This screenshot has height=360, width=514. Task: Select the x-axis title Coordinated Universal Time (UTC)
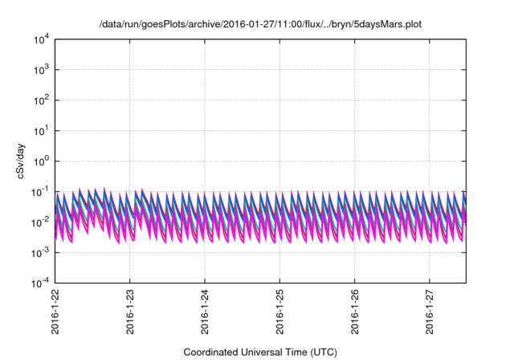(259, 352)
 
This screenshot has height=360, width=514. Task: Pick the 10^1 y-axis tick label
(40, 130)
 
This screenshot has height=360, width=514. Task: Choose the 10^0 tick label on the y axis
(40, 161)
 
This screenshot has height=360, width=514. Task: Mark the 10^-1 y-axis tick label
(40, 191)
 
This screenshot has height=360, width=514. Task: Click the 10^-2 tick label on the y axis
(40, 222)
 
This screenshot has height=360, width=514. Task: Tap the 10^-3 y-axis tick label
(40, 252)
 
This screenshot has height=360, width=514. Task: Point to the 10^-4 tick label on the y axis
(40, 283)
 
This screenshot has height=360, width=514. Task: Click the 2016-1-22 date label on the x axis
(55, 313)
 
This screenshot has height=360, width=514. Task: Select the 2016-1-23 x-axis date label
(130, 313)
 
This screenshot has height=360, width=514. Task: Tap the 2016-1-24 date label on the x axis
(205, 313)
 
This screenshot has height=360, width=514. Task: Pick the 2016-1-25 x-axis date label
(279, 313)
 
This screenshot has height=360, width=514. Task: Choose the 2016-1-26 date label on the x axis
(355, 313)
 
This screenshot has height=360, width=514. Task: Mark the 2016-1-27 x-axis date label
(430, 313)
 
